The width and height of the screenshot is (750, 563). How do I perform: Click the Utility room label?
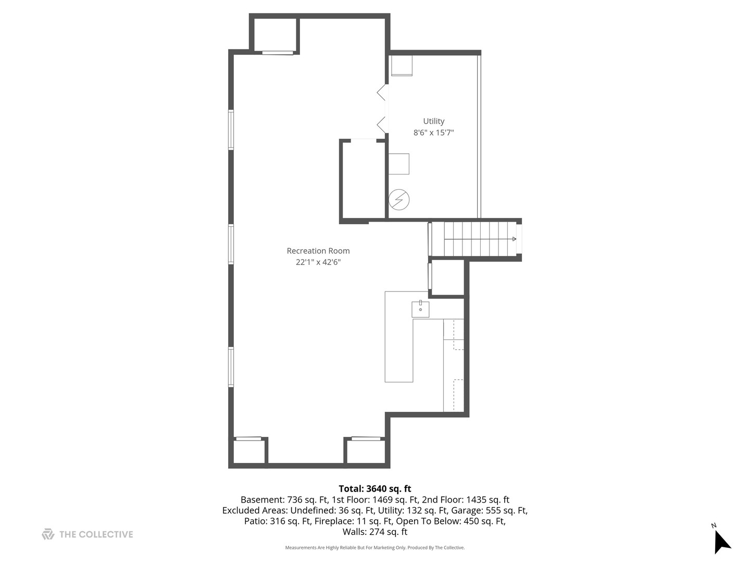tap(434, 121)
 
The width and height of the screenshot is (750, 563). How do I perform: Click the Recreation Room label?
tap(318, 251)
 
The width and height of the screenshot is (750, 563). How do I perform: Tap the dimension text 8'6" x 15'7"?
tap(434, 132)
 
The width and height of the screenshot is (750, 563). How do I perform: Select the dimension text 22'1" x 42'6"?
tap(318, 262)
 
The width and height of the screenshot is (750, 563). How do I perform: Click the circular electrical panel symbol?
tap(399, 200)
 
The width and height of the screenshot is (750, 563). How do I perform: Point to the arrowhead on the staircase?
tap(514, 239)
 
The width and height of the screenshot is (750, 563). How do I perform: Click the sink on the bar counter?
tap(420, 309)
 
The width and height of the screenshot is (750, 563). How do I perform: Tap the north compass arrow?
tap(721, 542)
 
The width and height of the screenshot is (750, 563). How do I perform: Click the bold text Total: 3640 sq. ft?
tap(375, 488)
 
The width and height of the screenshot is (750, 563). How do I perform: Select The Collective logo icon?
tap(48, 534)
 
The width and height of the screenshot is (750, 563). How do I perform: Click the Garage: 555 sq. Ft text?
tap(489, 510)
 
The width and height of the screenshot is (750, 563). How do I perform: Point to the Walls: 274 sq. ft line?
tap(375, 532)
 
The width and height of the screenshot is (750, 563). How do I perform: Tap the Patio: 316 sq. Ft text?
tap(278, 521)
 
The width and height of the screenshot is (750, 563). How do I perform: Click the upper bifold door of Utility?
tap(382, 92)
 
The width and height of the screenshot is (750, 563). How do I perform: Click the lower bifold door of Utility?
tap(382, 125)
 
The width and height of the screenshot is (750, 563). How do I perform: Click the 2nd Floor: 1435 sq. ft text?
tap(466, 500)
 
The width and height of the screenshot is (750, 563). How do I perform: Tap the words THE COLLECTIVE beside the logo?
tap(96, 535)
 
